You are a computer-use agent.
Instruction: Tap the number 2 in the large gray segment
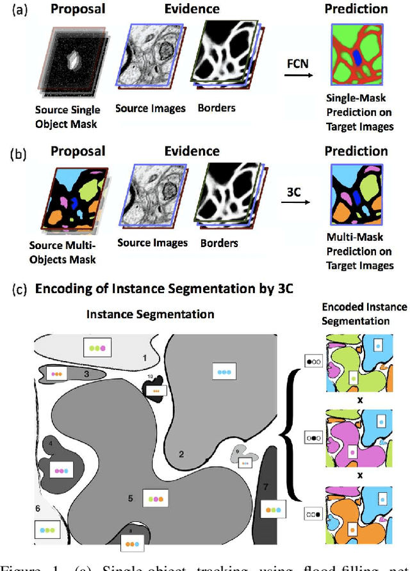tap(181, 454)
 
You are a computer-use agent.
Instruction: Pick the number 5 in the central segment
tap(129, 497)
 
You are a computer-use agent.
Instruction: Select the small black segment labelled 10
tap(154, 387)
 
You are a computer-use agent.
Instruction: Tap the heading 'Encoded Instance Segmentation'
tap(364, 314)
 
